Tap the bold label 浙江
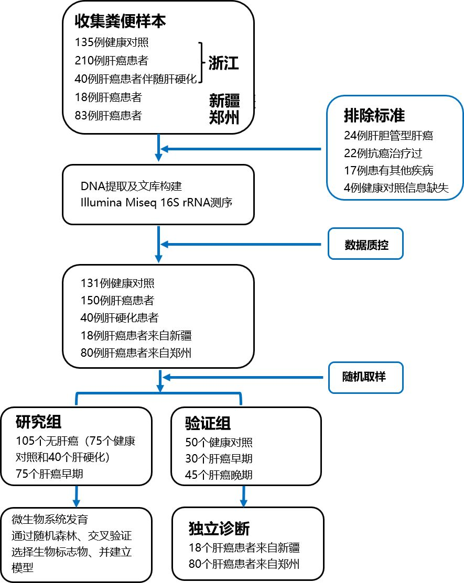(x=223, y=63)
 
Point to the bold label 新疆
(x=224, y=100)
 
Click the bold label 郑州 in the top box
(x=224, y=117)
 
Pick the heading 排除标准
(x=374, y=114)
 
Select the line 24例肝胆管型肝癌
(x=389, y=136)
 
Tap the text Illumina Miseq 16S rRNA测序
(x=156, y=203)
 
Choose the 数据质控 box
(x=366, y=244)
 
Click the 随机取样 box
(x=366, y=376)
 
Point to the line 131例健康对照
(x=117, y=283)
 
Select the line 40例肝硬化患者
(x=120, y=318)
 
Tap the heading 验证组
(x=208, y=423)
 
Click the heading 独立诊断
(x=219, y=529)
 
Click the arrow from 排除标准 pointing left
(x=241, y=149)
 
